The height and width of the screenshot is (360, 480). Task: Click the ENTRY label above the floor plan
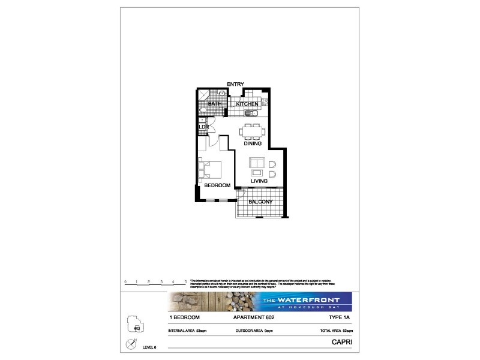[x=235, y=84]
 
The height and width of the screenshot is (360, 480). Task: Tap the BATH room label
[x=214, y=104]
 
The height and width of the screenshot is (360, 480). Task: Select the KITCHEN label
[x=247, y=104]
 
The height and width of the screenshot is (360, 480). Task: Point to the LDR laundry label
[x=203, y=127]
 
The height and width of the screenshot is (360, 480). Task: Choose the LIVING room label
[x=259, y=180]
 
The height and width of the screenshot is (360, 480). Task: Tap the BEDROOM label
[x=217, y=185]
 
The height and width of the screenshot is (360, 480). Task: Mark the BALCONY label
[x=261, y=202]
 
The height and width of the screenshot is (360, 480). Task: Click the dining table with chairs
[x=251, y=130]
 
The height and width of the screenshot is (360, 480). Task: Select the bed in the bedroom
[x=211, y=170]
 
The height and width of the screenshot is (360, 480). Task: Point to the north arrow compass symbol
[x=131, y=344]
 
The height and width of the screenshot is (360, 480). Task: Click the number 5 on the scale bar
[x=185, y=281]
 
